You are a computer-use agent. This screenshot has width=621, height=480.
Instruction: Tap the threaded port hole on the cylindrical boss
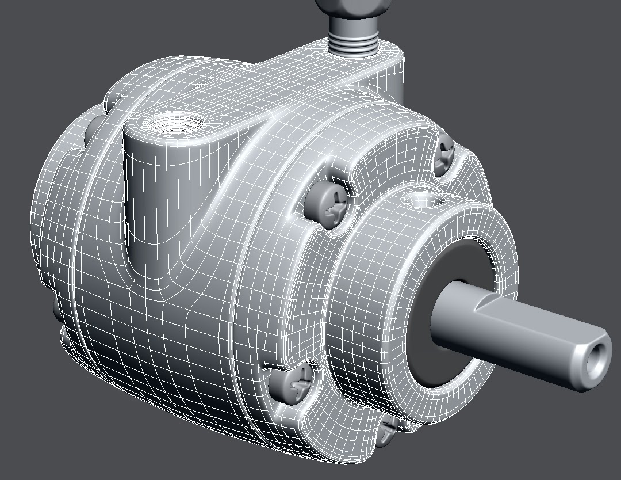click(x=173, y=123)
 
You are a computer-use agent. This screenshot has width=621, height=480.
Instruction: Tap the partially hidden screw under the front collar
click(x=388, y=429)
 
